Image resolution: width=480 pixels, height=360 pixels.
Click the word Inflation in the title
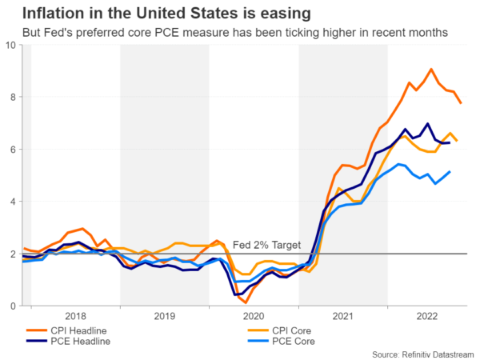pyautogui.click(x=44, y=14)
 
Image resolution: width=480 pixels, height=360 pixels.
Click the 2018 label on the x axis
pyautogui.click(x=75, y=317)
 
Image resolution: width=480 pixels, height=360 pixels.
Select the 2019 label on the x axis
pyautogui.click(x=165, y=317)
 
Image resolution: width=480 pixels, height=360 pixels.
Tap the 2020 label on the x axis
pyautogui.click(x=254, y=317)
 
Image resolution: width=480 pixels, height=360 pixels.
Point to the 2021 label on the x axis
pyautogui.click(x=343, y=317)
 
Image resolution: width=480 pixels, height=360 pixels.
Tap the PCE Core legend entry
pyautogui.click(x=286, y=342)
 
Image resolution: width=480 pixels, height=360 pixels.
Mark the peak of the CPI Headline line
pyautogui.click(x=431, y=70)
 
